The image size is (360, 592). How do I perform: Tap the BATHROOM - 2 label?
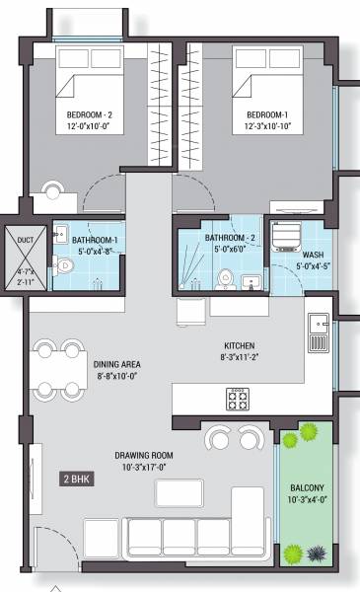tap(233, 238)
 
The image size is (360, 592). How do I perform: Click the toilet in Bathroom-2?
tap(226, 277)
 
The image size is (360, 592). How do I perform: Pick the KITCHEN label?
tap(239, 345)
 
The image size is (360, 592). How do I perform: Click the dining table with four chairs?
tap(59, 368)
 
